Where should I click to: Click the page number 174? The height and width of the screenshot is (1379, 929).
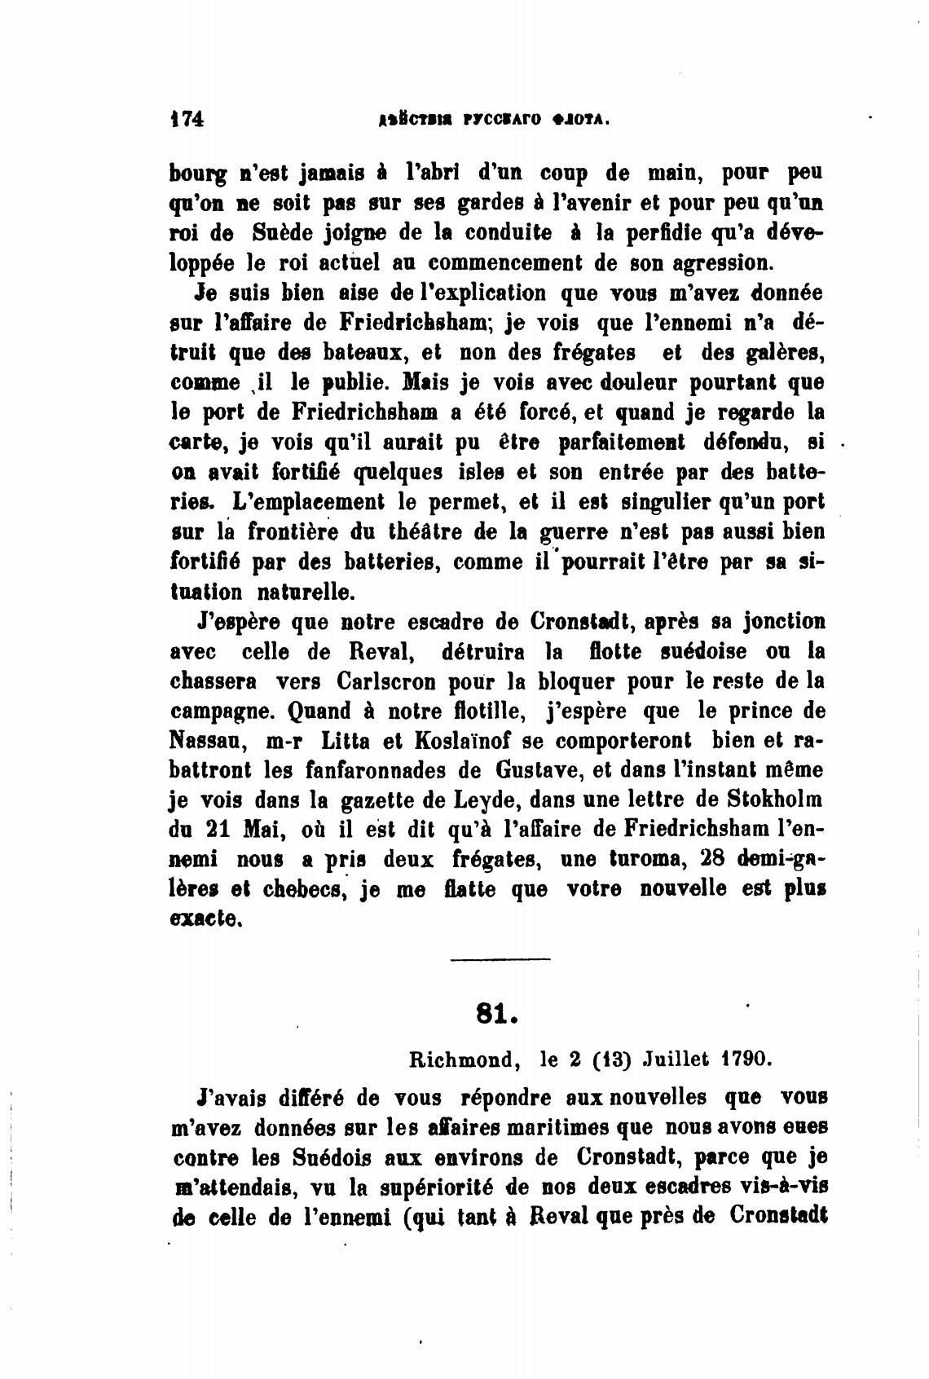[x=187, y=119]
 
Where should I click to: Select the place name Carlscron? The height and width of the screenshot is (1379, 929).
[x=390, y=681]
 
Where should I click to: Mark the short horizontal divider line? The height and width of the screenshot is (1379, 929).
[x=500, y=958]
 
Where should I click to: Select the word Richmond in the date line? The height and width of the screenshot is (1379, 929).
[x=462, y=1060]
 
